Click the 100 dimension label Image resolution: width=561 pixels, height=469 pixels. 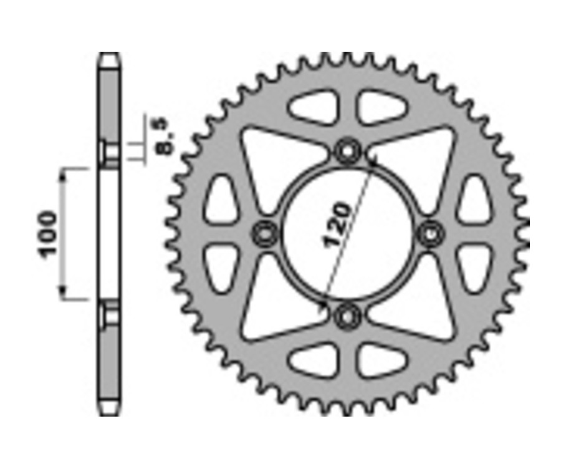47,234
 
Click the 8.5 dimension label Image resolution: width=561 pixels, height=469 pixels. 167,136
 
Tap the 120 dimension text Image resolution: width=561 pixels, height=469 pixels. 337,225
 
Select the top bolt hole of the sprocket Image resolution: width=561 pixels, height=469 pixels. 347,152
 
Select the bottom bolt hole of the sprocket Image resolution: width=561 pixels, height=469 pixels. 347,316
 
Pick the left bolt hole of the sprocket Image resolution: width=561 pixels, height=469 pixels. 265,234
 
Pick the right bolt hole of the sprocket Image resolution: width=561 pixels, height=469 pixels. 431,234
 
